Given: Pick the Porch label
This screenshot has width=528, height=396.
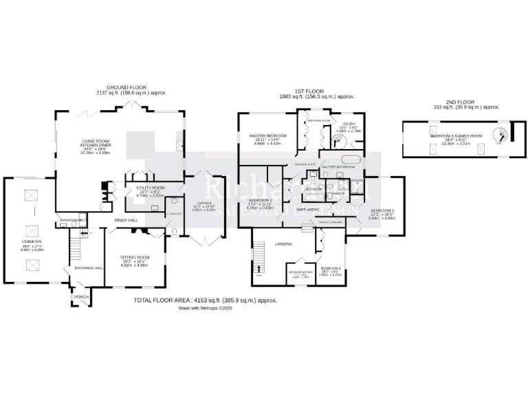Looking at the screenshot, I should (81, 298).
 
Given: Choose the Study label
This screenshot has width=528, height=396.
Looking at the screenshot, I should (349, 124).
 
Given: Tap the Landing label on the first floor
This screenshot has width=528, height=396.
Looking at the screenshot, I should (283, 244).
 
